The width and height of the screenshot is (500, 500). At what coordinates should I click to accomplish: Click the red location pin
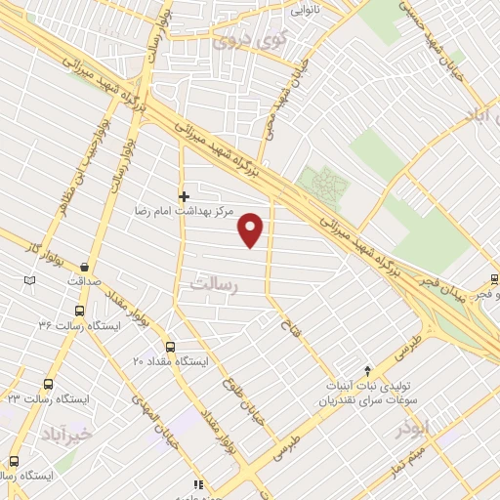point(252,229)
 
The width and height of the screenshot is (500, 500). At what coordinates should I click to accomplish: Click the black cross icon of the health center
point(184,195)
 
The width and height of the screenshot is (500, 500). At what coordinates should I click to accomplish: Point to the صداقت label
point(85,281)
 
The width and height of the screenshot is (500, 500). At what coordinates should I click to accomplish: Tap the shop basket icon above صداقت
point(85,267)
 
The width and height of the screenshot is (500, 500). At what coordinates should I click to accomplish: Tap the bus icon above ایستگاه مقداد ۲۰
point(171,347)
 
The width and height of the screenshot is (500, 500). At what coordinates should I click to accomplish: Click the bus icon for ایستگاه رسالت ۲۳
point(48,384)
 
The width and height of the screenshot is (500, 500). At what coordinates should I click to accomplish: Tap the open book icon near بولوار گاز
point(29,281)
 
